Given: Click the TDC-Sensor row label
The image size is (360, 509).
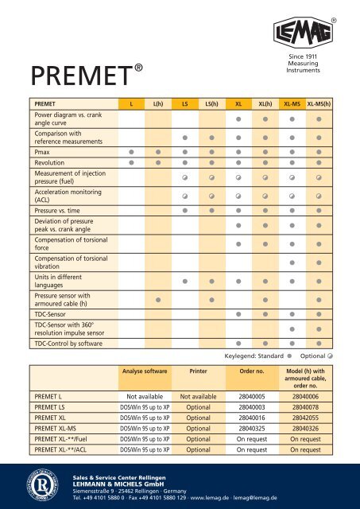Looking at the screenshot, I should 51,315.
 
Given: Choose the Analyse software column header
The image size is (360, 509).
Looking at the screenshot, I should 144,371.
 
